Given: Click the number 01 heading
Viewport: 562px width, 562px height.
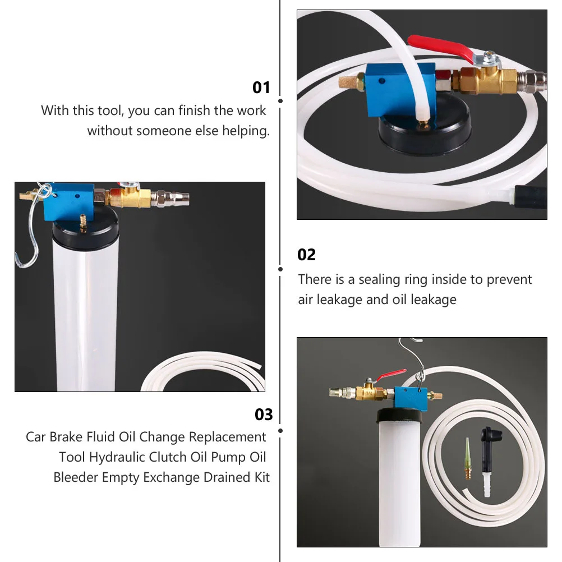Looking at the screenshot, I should [261, 87].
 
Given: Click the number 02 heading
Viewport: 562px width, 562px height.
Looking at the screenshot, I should [306, 255].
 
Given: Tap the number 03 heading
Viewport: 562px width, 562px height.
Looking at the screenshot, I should [264, 414].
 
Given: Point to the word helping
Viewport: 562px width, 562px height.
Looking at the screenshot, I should [246, 131].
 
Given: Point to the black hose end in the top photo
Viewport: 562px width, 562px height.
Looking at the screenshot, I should [531, 197].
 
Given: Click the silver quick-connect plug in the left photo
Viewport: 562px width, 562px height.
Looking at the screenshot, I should [173, 197].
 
